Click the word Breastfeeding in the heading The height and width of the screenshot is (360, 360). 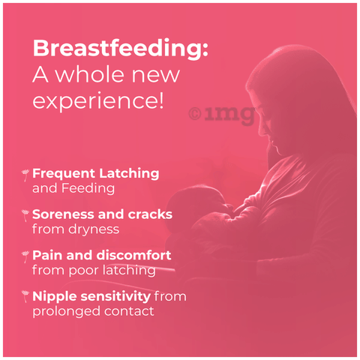[x=118, y=49]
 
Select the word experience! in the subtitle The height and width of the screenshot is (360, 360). [x=98, y=100]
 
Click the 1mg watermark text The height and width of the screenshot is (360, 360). [x=229, y=115]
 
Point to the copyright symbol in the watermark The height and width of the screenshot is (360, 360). [x=195, y=114]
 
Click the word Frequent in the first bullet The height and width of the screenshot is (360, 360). [x=64, y=174]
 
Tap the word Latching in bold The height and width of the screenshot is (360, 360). [x=129, y=174]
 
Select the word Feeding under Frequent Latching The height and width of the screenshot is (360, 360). [x=88, y=188]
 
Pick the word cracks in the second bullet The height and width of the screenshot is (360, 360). [x=150, y=214]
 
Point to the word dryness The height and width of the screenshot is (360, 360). [x=94, y=229]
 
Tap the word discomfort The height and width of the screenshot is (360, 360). [x=133, y=255]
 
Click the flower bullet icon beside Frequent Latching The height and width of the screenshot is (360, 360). [x=25, y=175]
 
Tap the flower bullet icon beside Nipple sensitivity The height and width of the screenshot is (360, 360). [x=25, y=296]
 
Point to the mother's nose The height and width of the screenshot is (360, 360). [x=260, y=130]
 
